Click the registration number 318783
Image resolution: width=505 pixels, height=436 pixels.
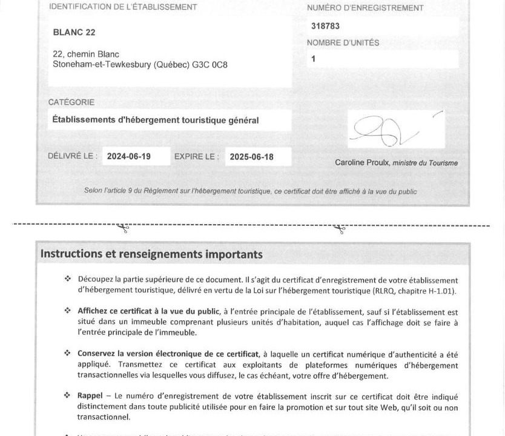(x=326, y=27)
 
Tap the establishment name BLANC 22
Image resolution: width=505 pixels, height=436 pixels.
(x=74, y=32)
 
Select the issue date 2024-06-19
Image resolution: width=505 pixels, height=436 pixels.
(x=129, y=157)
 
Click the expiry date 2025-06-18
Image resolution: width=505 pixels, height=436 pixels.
(x=251, y=157)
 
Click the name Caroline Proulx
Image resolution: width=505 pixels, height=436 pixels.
(x=362, y=162)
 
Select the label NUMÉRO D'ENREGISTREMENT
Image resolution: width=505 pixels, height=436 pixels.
(x=365, y=8)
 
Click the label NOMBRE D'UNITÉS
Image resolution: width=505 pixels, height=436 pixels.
(x=343, y=43)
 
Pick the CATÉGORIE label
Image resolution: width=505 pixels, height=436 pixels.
(x=71, y=102)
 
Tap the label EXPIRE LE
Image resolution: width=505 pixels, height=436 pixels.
(x=196, y=156)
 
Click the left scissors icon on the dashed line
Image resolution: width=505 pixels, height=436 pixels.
(x=124, y=228)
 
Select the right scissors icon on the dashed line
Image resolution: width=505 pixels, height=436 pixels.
(x=340, y=228)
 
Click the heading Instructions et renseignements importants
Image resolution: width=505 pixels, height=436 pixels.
(x=151, y=254)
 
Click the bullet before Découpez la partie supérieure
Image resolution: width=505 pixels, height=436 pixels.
(x=67, y=279)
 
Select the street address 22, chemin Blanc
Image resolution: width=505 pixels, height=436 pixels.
(x=86, y=54)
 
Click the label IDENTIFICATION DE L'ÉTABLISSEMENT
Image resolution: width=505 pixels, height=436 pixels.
(x=122, y=7)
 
